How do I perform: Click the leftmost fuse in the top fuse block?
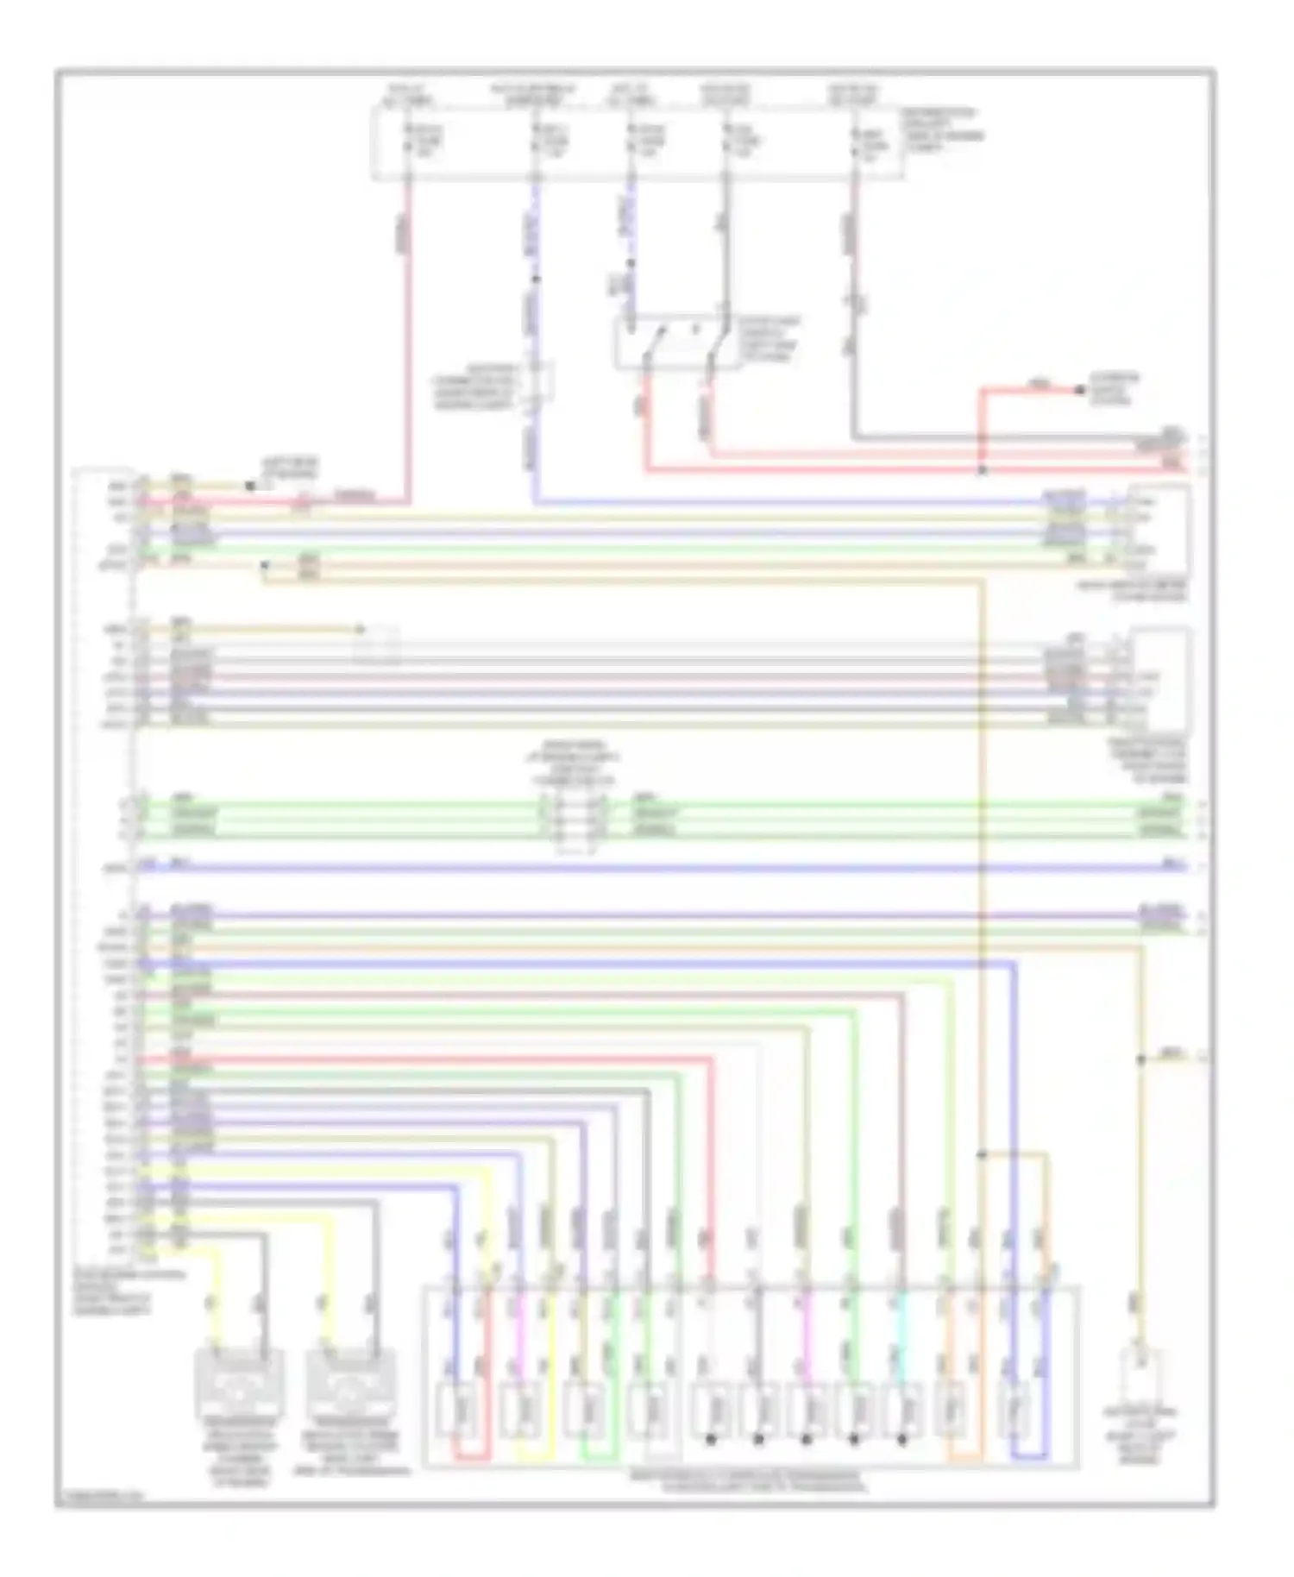(x=409, y=142)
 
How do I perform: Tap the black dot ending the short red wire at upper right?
(x=1078, y=390)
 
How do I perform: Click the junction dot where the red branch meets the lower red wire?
(x=981, y=470)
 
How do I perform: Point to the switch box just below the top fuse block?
(x=677, y=342)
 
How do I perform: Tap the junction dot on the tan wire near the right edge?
(x=1140, y=1059)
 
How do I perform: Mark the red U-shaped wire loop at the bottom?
(x=472, y=1458)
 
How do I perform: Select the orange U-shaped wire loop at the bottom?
(x=964, y=1458)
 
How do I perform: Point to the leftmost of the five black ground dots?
(x=711, y=1440)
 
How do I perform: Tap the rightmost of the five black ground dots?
(x=902, y=1440)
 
